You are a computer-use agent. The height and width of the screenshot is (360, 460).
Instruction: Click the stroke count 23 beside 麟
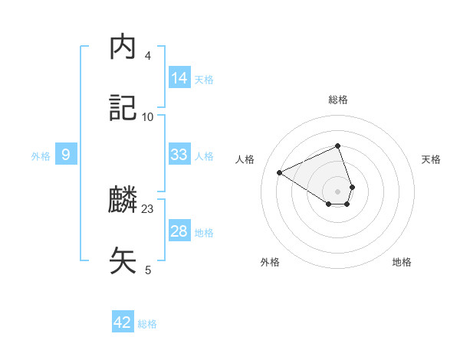point(148,209)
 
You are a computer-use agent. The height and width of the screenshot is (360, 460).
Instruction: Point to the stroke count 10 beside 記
point(148,116)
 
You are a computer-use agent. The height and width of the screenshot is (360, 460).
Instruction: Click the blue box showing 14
point(179,77)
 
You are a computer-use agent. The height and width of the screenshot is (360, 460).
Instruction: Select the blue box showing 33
point(179,155)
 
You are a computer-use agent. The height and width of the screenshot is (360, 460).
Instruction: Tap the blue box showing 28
point(179,231)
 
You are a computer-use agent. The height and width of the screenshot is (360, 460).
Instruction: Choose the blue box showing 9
point(66,155)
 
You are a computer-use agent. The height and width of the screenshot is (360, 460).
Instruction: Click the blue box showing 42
point(123,322)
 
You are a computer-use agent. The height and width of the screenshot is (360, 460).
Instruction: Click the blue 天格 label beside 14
point(204,79)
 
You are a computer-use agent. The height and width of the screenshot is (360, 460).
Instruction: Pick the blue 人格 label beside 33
point(204,156)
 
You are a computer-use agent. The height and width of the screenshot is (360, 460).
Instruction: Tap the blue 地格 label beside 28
point(204,233)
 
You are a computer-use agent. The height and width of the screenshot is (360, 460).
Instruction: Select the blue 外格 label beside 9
point(41,156)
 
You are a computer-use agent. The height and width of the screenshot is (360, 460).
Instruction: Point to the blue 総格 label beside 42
point(147,324)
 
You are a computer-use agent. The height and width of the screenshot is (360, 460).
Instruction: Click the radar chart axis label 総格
point(338,100)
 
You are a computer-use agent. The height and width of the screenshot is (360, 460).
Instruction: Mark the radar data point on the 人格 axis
point(280,172)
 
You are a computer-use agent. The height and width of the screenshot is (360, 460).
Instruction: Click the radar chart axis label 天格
point(431,159)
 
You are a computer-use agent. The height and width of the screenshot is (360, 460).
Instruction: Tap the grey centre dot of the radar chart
point(337,191)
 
